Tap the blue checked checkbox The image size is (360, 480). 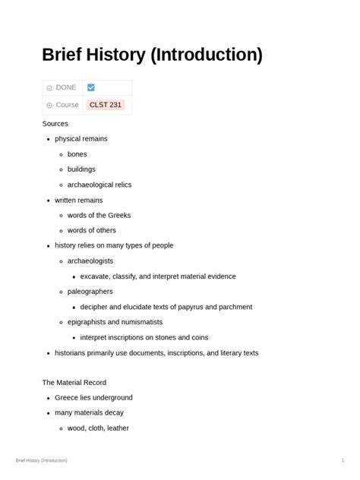click(91, 87)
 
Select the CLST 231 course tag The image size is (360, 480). click(106, 105)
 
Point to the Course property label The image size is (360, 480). click(67, 105)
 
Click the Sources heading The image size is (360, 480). click(55, 123)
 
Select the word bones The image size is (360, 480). click(77, 154)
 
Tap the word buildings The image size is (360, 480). click(81, 169)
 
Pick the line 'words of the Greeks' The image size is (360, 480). click(99, 215)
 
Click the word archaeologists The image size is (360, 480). click(90, 261)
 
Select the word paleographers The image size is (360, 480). click(90, 291)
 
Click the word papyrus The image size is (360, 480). click(193, 307)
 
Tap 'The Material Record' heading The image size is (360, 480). click(74, 383)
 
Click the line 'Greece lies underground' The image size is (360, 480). click(93, 397)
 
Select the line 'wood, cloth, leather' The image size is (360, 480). click(98, 428)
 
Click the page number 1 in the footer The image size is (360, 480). click(343, 460)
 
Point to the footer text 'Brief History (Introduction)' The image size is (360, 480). click(41, 460)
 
